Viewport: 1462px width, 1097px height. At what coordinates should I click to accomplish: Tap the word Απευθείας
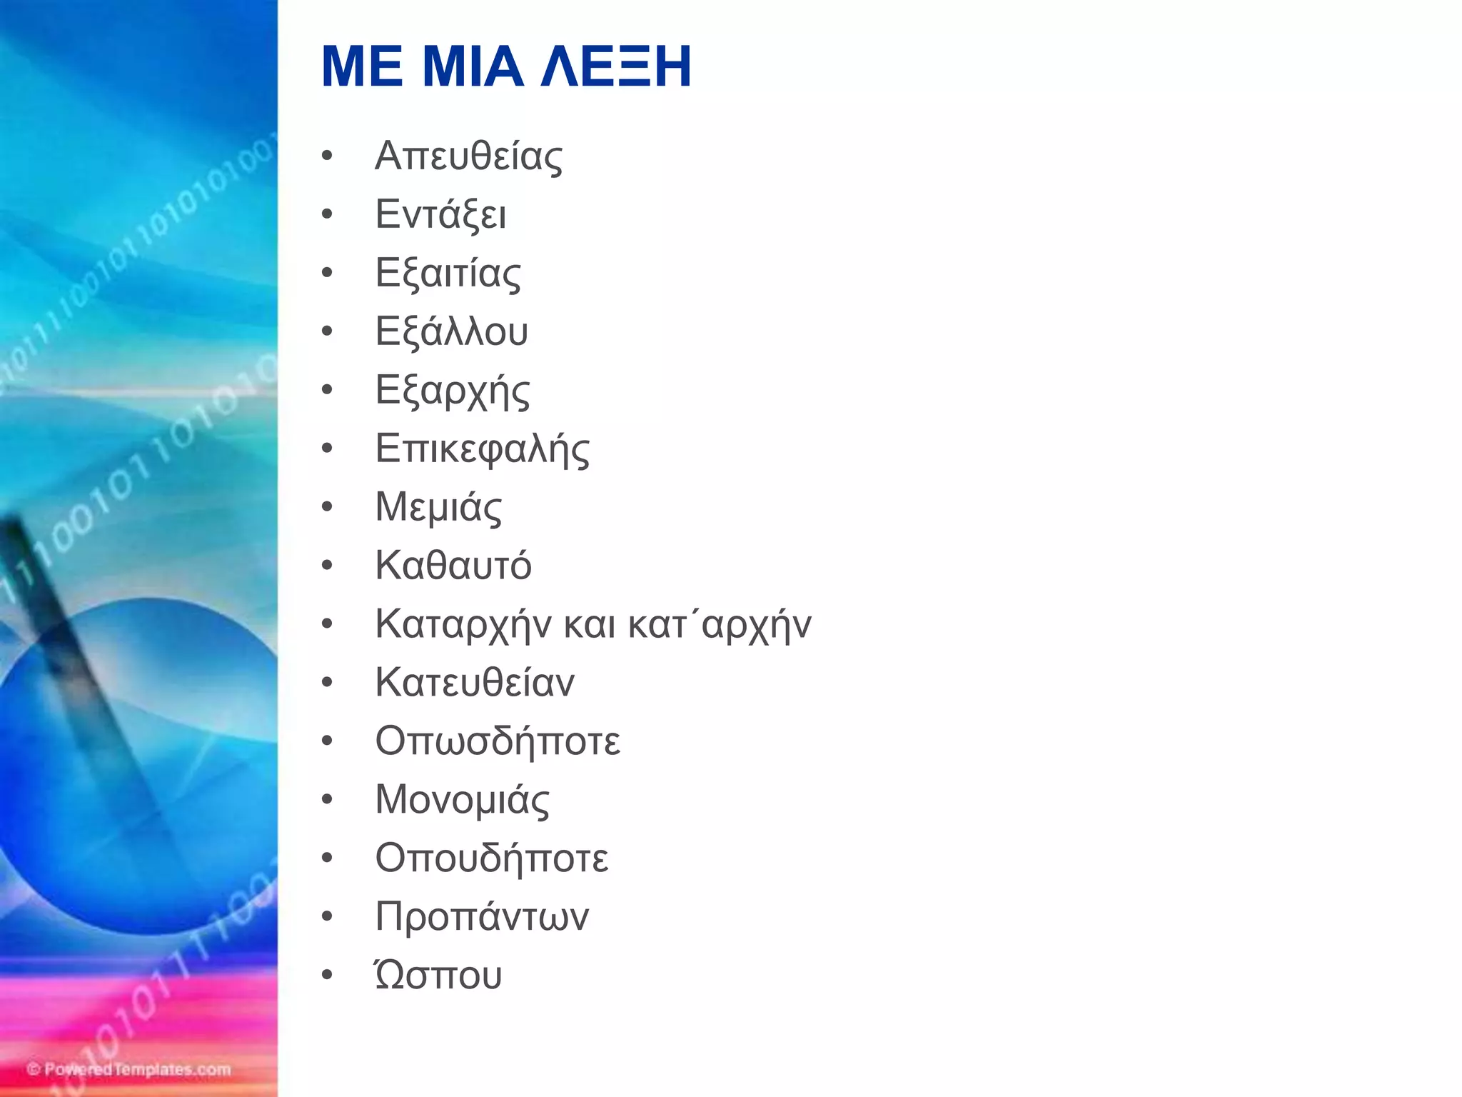(468, 156)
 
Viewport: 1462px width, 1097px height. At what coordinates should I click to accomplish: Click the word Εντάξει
(440, 214)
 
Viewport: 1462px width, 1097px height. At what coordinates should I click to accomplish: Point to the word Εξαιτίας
(448, 274)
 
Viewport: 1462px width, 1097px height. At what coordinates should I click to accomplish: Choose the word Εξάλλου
(451, 331)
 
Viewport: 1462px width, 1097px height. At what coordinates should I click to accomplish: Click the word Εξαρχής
(453, 391)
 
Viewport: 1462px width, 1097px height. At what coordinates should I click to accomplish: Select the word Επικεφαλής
(483, 449)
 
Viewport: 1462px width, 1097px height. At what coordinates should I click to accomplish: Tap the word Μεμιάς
(438, 508)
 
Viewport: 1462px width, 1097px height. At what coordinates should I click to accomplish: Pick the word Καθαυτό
(453, 566)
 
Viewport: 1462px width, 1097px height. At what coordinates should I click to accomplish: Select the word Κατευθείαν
(475, 683)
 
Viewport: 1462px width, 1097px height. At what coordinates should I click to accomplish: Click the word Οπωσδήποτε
(498, 741)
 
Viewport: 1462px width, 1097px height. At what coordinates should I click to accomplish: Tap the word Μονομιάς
(463, 800)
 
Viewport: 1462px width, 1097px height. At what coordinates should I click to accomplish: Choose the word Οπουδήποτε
(492, 858)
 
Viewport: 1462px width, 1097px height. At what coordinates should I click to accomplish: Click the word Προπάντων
(482, 917)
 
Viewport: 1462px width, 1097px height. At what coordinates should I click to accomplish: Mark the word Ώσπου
(438, 975)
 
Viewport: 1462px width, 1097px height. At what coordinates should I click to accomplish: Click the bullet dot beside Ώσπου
(327, 976)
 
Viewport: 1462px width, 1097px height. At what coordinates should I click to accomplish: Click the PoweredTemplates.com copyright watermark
(129, 1069)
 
